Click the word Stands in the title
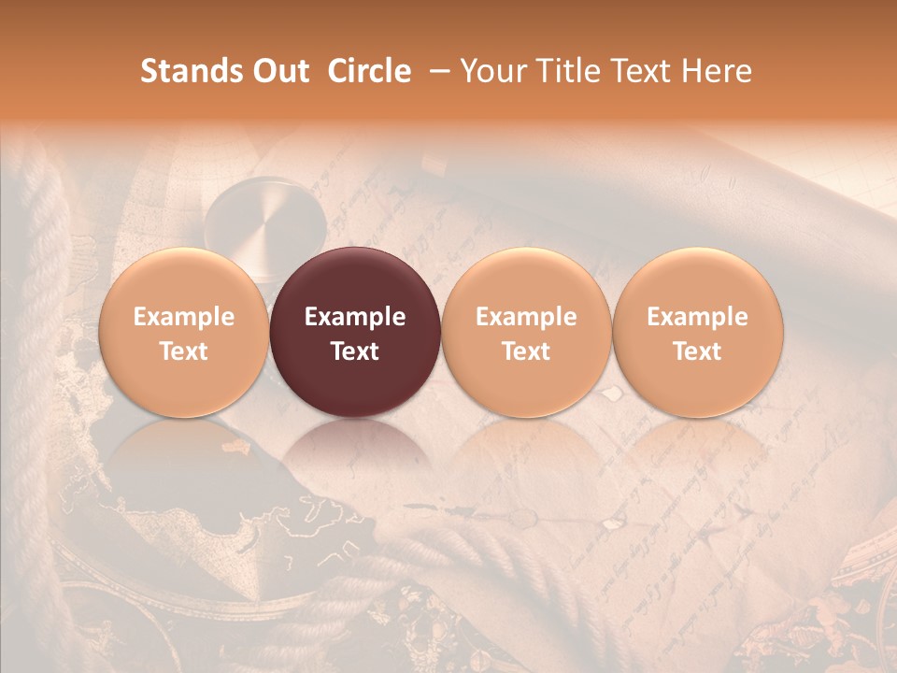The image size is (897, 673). [184, 71]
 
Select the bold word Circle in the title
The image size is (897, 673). [369, 71]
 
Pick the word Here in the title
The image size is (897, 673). [718, 71]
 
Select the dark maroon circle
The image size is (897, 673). [355, 332]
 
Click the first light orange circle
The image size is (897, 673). [183, 332]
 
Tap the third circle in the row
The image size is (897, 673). [526, 332]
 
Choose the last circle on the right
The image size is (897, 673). [698, 332]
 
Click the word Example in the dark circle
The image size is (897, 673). [355, 317]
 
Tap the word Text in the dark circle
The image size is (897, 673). [355, 351]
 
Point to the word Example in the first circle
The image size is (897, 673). [183, 317]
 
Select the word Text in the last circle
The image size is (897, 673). [698, 351]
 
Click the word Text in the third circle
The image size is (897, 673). [526, 351]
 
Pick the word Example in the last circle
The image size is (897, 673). [698, 317]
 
